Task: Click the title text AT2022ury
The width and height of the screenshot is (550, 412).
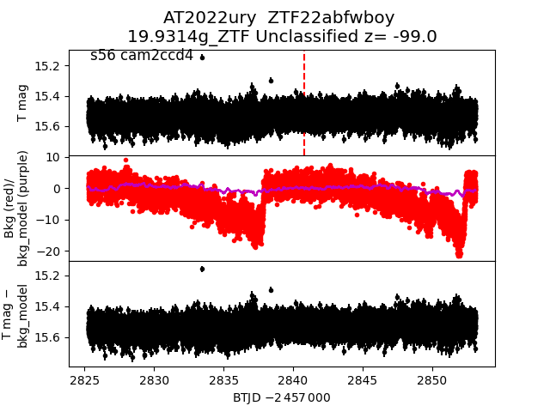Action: pos(204,18)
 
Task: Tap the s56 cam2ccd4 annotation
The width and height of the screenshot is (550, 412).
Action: pos(142,56)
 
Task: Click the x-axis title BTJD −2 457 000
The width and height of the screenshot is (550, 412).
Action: pos(281,398)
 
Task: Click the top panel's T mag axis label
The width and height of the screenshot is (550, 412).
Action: pos(23,103)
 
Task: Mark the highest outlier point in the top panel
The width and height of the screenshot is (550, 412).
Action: pos(202,58)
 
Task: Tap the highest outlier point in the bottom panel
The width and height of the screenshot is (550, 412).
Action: pos(202,269)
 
